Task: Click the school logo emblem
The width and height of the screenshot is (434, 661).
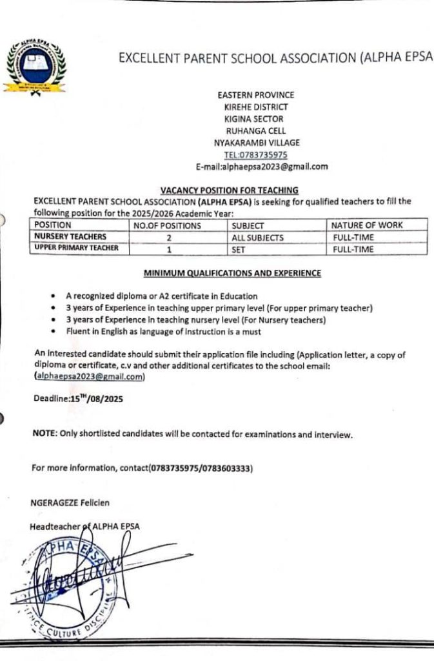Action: [x=35, y=66]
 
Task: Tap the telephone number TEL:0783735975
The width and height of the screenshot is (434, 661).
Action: [x=256, y=155]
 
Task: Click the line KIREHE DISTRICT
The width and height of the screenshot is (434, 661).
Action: [x=256, y=107]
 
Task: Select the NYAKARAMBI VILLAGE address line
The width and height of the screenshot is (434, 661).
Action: [x=256, y=143]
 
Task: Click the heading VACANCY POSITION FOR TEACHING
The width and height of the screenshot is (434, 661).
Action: [x=229, y=190]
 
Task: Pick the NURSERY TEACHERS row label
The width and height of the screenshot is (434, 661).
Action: [x=70, y=238]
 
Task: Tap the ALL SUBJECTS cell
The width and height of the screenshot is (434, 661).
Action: [x=257, y=238]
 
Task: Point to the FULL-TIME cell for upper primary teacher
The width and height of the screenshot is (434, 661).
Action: [x=353, y=249]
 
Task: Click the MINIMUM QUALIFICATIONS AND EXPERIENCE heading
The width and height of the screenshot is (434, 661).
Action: [x=232, y=273]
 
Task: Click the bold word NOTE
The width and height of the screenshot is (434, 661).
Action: [x=44, y=434]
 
